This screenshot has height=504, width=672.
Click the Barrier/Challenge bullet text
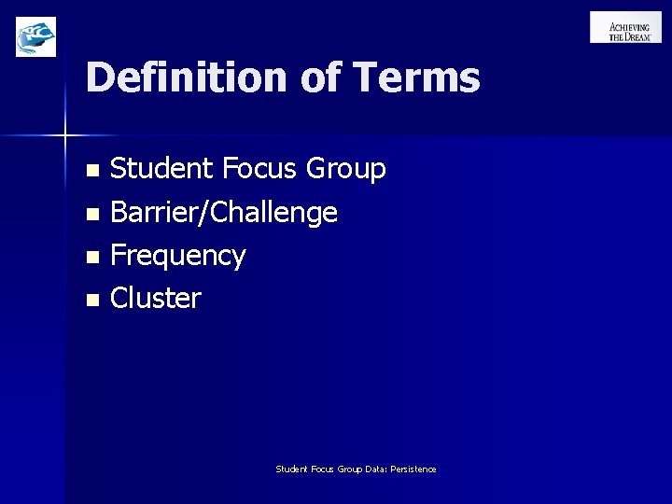(x=224, y=214)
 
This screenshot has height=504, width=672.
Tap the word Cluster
(x=155, y=299)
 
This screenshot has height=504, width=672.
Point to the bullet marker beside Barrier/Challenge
(x=91, y=215)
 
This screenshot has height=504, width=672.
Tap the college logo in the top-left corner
(x=36, y=36)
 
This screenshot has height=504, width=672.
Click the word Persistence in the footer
(x=413, y=469)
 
